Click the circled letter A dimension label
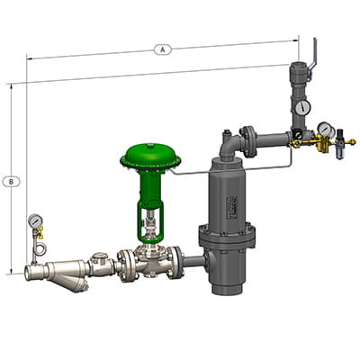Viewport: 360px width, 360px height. click(x=162, y=50)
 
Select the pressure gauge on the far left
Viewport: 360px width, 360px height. click(x=34, y=220)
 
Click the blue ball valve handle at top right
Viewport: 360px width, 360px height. click(x=314, y=51)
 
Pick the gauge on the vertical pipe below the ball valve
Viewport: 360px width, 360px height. click(x=300, y=106)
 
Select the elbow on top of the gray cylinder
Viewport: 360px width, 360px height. click(x=227, y=139)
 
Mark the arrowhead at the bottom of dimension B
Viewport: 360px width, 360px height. click(x=11, y=270)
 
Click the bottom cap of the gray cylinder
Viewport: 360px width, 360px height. click(x=227, y=286)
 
